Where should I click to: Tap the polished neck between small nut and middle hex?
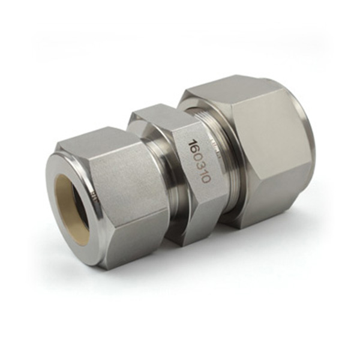160,180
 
